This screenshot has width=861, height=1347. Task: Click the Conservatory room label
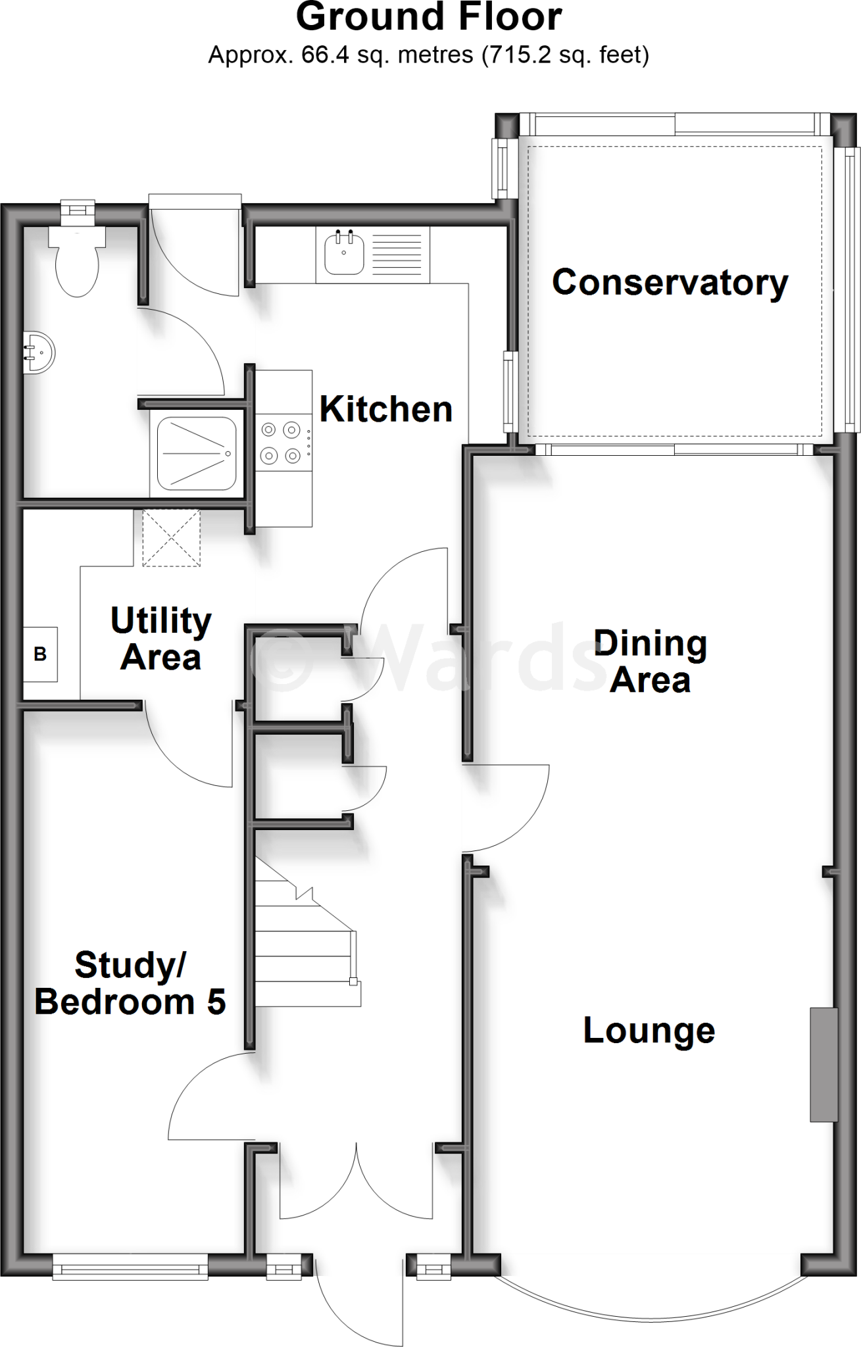pyautogui.click(x=670, y=282)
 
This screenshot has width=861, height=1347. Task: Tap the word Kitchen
pyautogui.click(x=386, y=409)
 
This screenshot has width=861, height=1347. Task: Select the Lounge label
pyautogui.click(x=649, y=1030)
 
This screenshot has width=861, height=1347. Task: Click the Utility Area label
pyautogui.click(x=160, y=638)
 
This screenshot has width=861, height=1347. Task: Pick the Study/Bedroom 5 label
pyautogui.click(x=130, y=983)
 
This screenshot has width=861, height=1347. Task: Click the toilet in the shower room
pyautogui.click(x=77, y=263)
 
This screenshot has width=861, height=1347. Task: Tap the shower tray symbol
pyautogui.click(x=196, y=453)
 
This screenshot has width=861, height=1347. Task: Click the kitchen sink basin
pyautogui.click(x=343, y=253)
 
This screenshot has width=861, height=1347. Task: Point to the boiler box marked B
pyautogui.click(x=40, y=654)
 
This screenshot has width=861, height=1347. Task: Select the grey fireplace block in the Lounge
pyautogui.click(x=823, y=1064)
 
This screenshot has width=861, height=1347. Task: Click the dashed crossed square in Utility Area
pyautogui.click(x=171, y=537)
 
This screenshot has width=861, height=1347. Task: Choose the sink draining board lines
pyautogui.click(x=397, y=255)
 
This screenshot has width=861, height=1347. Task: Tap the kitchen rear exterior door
pyautogui.click(x=195, y=250)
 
